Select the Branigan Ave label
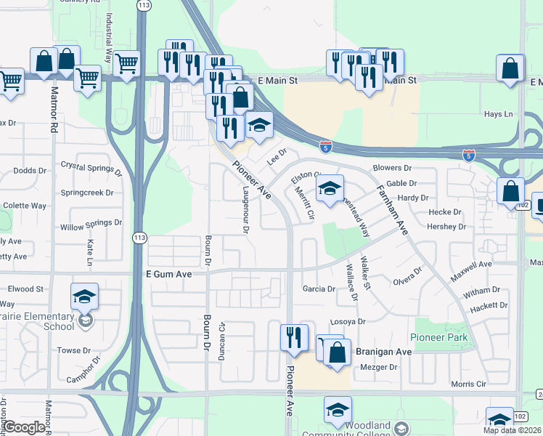pos(383,351)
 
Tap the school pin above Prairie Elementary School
pos(84,296)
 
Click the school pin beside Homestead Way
pos(329,189)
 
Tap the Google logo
pos(25,427)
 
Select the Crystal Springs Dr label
pos(91,169)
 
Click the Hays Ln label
pos(498,114)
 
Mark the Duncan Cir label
pos(223,341)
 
